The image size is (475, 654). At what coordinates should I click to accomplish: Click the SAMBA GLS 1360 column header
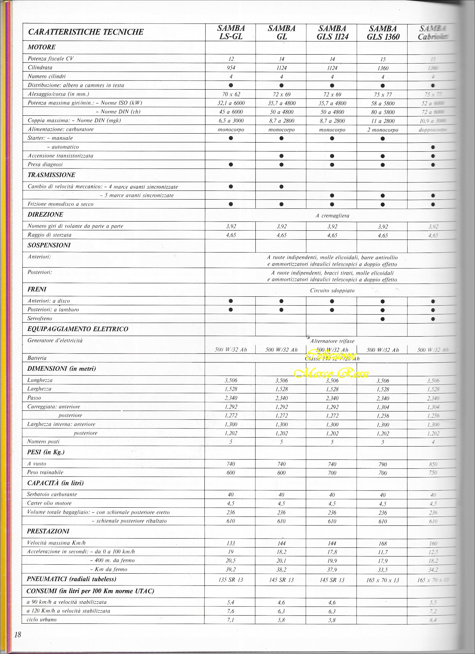(383, 33)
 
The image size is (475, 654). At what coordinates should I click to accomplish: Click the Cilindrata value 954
(231, 68)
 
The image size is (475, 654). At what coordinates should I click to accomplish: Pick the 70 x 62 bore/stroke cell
(231, 94)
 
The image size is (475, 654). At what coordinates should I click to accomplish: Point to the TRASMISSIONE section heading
(51, 175)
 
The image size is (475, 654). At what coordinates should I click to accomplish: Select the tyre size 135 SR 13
(231, 580)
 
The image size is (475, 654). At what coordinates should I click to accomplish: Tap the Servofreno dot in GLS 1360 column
(382, 319)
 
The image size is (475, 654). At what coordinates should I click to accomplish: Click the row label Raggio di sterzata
(49, 235)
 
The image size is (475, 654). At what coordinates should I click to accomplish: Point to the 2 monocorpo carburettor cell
(382, 130)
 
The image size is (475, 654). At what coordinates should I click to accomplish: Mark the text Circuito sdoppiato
(332, 291)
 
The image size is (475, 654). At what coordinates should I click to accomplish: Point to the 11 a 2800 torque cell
(382, 121)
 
